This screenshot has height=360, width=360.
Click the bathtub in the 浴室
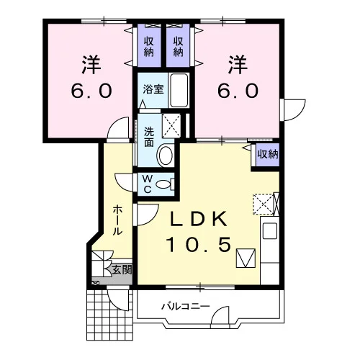179,90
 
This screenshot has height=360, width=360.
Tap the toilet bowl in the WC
163,184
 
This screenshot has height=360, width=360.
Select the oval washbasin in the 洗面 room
166,156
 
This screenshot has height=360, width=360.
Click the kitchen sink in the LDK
270,230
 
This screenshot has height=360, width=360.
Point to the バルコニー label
186,307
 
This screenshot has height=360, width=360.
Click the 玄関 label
122,270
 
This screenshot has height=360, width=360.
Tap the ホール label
118,220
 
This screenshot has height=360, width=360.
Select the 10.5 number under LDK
199,245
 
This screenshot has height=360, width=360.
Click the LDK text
199,219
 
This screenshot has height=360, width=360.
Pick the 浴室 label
153,89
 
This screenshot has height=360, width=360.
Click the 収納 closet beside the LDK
268,154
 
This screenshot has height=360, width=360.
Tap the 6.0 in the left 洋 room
91,91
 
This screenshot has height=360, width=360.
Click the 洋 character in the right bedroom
238,64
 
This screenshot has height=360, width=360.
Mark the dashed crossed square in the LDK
264,204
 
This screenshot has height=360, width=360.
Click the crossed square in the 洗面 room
171,126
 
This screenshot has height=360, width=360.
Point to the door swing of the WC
124,182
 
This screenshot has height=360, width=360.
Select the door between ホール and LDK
147,215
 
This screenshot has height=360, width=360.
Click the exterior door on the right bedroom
294,110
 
